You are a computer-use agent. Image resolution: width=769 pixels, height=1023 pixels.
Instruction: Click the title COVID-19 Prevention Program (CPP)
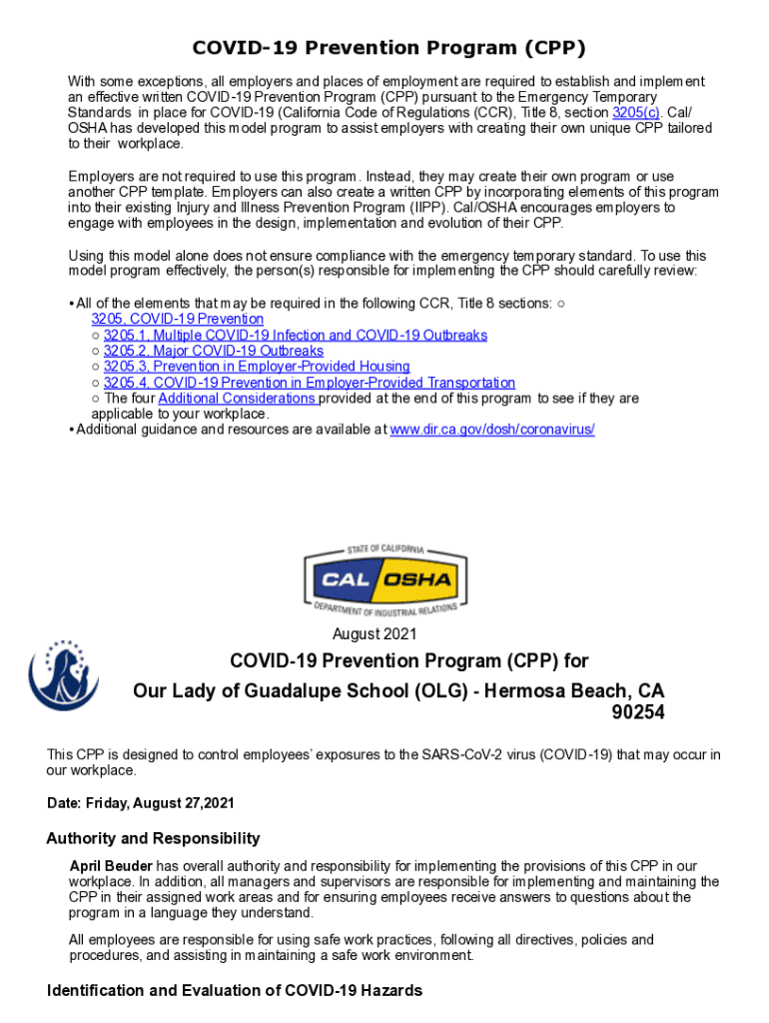(x=388, y=49)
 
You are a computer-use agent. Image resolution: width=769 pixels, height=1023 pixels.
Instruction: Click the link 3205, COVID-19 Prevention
(x=178, y=319)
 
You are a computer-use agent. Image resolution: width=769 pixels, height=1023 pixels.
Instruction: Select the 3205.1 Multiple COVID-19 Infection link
(x=295, y=335)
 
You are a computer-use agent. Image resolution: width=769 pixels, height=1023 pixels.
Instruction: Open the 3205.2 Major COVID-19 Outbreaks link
(x=213, y=351)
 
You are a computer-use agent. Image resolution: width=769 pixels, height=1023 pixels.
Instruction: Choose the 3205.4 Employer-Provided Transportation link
(x=309, y=383)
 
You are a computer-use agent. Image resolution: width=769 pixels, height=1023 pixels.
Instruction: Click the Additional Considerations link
(x=238, y=399)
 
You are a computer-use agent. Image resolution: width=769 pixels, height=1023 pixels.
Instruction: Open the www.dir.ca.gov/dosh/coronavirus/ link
(x=491, y=430)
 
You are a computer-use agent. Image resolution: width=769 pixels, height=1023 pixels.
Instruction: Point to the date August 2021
(x=375, y=634)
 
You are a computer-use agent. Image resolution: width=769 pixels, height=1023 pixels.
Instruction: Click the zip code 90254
(x=636, y=713)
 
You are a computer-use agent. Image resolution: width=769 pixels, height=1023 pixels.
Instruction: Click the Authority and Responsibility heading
(x=154, y=838)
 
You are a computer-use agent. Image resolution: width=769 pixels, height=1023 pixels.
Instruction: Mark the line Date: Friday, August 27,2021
(x=141, y=803)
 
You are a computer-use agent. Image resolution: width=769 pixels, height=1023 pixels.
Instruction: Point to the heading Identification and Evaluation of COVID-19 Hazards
(x=235, y=990)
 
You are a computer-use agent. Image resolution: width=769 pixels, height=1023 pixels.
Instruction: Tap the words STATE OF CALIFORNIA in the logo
(x=385, y=550)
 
